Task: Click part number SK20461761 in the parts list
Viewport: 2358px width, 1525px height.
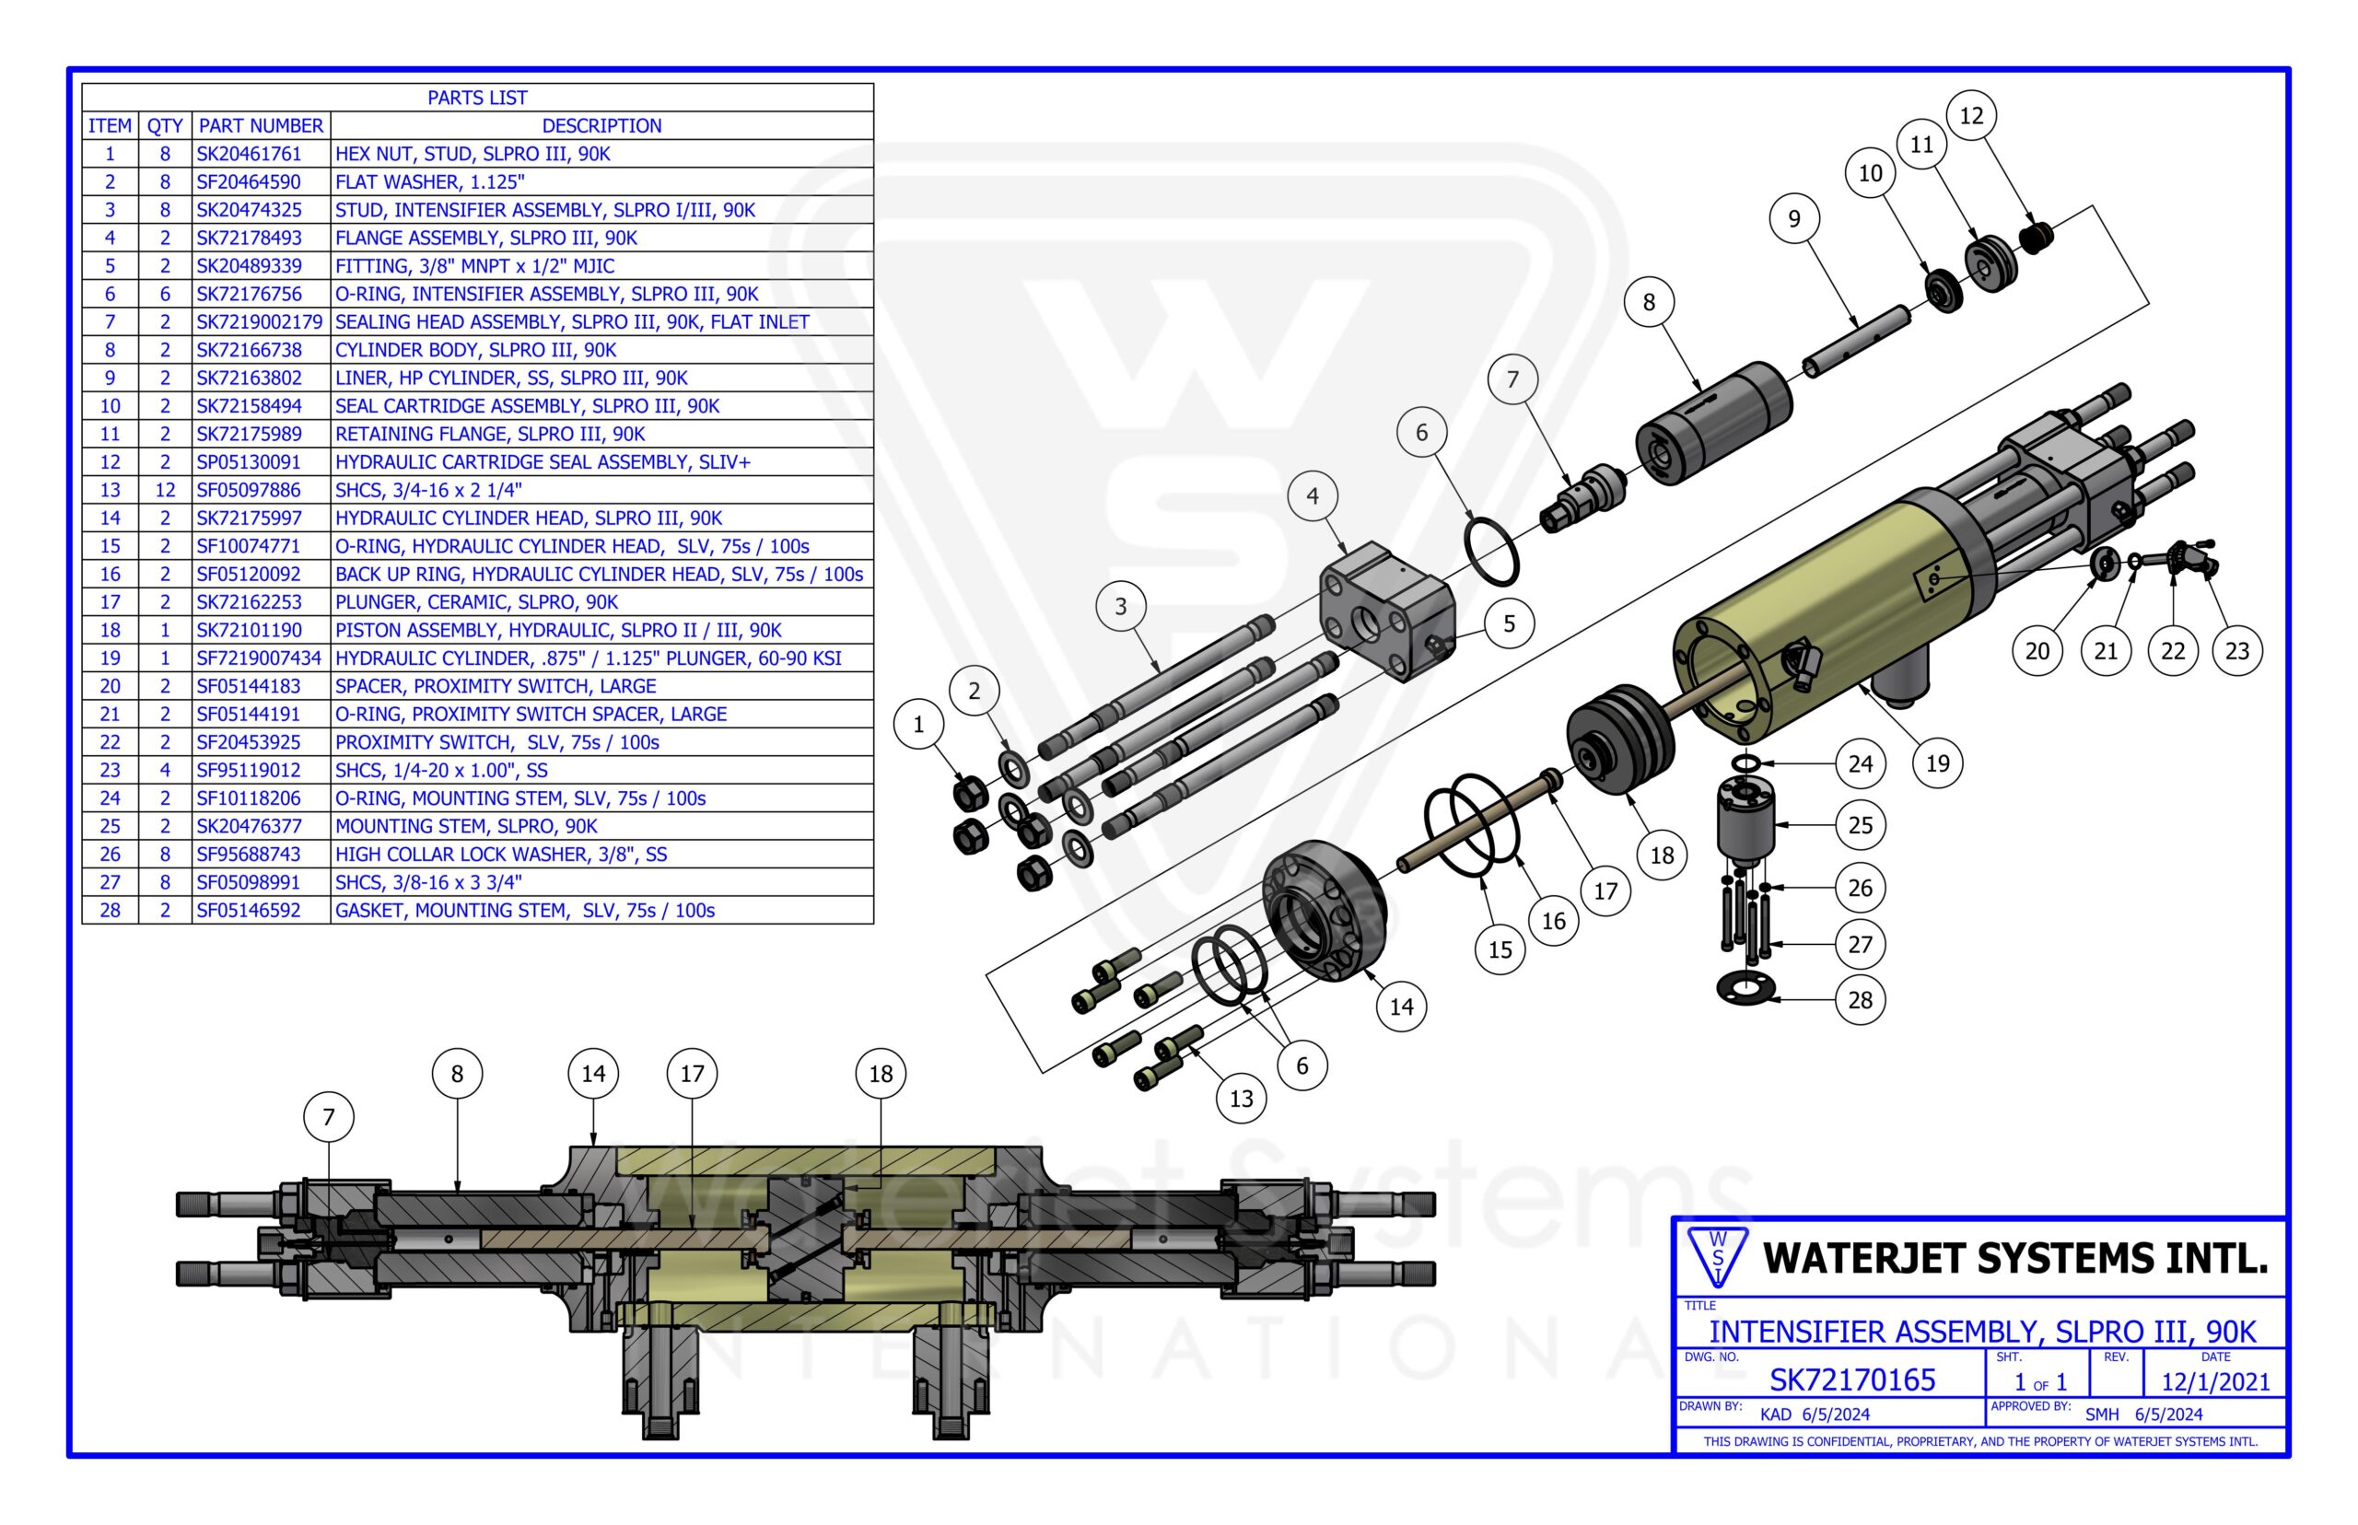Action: tap(249, 154)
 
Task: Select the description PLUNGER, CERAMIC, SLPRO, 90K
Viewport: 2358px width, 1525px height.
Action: tap(476, 602)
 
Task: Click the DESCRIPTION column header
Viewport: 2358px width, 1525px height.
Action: tap(601, 126)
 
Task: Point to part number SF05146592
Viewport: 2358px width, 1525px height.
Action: tap(249, 910)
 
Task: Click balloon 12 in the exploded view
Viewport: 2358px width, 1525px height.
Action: tap(1971, 116)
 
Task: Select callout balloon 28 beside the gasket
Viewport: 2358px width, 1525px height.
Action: tap(1860, 1000)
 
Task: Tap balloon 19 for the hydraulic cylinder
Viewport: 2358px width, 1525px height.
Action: tap(1937, 763)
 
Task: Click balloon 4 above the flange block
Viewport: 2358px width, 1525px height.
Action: tap(1313, 496)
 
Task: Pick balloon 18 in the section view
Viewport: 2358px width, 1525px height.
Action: tap(881, 1074)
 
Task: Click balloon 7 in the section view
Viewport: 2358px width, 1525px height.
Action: tap(329, 1117)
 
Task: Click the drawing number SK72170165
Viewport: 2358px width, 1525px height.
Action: tap(1852, 1380)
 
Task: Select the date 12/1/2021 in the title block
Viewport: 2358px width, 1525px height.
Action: tap(2215, 1381)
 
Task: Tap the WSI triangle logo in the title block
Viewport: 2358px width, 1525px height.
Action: tap(1717, 1257)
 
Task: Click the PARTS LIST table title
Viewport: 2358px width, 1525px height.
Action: tap(477, 98)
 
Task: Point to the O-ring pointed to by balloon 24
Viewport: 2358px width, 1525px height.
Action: tap(1746, 762)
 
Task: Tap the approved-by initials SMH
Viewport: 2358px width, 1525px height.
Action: tap(2102, 1414)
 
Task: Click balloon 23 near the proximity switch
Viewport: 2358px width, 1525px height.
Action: tap(2237, 650)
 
